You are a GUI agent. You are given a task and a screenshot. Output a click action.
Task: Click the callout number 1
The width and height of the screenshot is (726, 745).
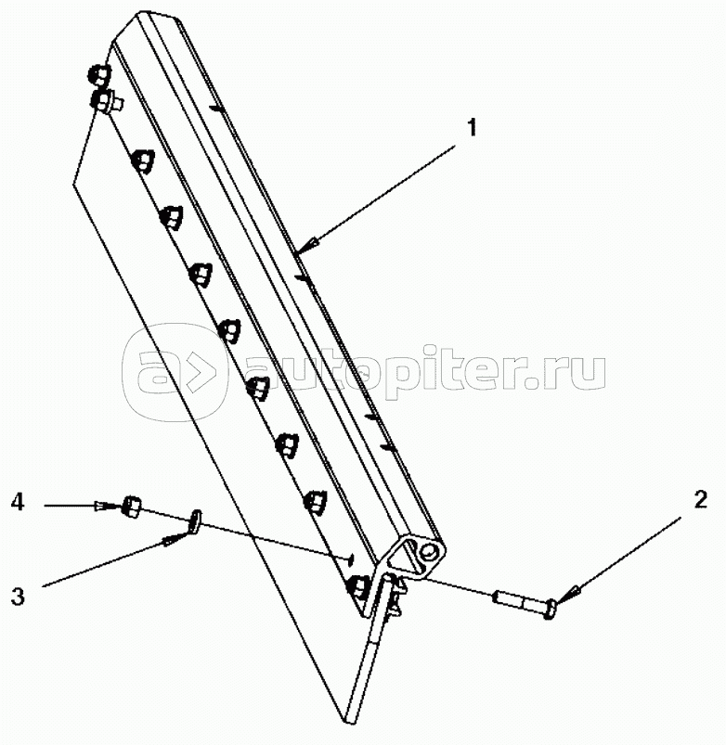click(x=472, y=128)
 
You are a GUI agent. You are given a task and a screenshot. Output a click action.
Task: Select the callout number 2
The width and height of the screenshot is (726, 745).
click(x=701, y=500)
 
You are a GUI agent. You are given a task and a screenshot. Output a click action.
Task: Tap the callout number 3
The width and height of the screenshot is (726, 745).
click(x=18, y=597)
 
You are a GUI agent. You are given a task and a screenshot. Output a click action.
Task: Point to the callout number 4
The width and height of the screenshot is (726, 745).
click(x=18, y=502)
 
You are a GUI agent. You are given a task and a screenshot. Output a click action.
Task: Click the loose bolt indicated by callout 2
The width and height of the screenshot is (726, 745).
click(x=525, y=603)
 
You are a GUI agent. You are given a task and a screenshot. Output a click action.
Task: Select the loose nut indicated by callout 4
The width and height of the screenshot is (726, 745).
click(x=131, y=506)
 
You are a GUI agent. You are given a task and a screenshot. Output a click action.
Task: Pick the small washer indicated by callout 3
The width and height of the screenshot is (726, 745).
click(x=195, y=520)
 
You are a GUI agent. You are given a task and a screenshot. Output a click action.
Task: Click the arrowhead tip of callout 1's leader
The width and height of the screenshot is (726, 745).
click(x=296, y=253)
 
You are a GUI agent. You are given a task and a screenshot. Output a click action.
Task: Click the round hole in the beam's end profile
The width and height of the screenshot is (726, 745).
click(x=429, y=552)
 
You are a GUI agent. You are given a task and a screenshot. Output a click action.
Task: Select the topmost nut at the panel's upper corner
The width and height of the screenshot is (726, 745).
click(x=99, y=74)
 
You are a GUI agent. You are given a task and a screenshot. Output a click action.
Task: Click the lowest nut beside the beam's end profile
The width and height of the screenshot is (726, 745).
click(x=358, y=586)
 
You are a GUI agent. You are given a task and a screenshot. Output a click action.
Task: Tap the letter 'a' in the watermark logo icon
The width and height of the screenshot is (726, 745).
click(x=154, y=371)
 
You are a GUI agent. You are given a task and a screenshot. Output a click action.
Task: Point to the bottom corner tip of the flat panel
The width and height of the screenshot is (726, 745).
click(x=349, y=724)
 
